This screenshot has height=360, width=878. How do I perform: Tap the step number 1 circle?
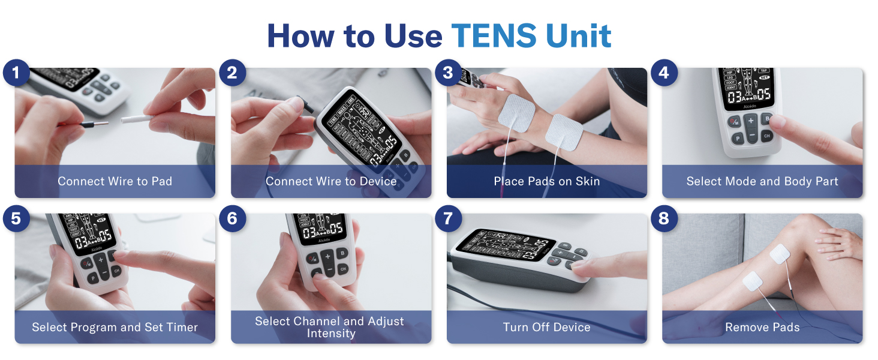click(x=16, y=74)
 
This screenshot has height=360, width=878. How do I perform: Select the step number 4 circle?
click(x=663, y=74)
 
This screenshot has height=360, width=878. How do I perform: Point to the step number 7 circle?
click(x=448, y=219)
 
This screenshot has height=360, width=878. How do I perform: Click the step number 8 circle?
click(x=663, y=219)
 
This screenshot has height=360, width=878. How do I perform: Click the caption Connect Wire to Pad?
click(x=115, y=181)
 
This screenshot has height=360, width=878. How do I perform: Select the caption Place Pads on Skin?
click(x=546, y=181)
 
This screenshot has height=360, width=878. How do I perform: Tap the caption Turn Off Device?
click(x=546, y=328)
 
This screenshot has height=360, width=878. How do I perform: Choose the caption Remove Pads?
click(x=762, y=328)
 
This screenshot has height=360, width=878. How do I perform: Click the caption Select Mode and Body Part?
click(x=762, y=181)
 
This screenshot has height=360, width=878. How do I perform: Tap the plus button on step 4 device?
click(x=751, y=121)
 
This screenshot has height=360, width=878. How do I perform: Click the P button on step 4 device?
click(x=737, y=139)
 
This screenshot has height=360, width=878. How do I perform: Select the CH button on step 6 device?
click(x=342, y=269)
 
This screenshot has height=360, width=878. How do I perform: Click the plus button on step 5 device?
click(x=101, y=259)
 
